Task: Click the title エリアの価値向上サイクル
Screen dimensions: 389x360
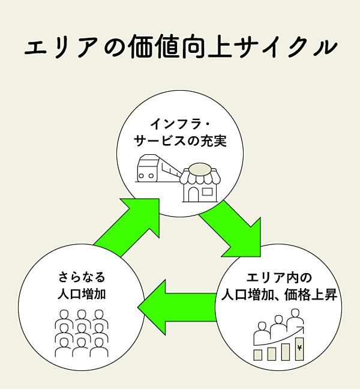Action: (x=179, y=47)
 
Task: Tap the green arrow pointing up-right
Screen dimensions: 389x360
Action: (x=130, y=225)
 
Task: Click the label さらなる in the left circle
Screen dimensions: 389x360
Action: (x=82, y=277)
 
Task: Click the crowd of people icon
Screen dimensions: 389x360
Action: (x=81, y=333)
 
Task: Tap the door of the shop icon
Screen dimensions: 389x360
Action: (x=193, y=193)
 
